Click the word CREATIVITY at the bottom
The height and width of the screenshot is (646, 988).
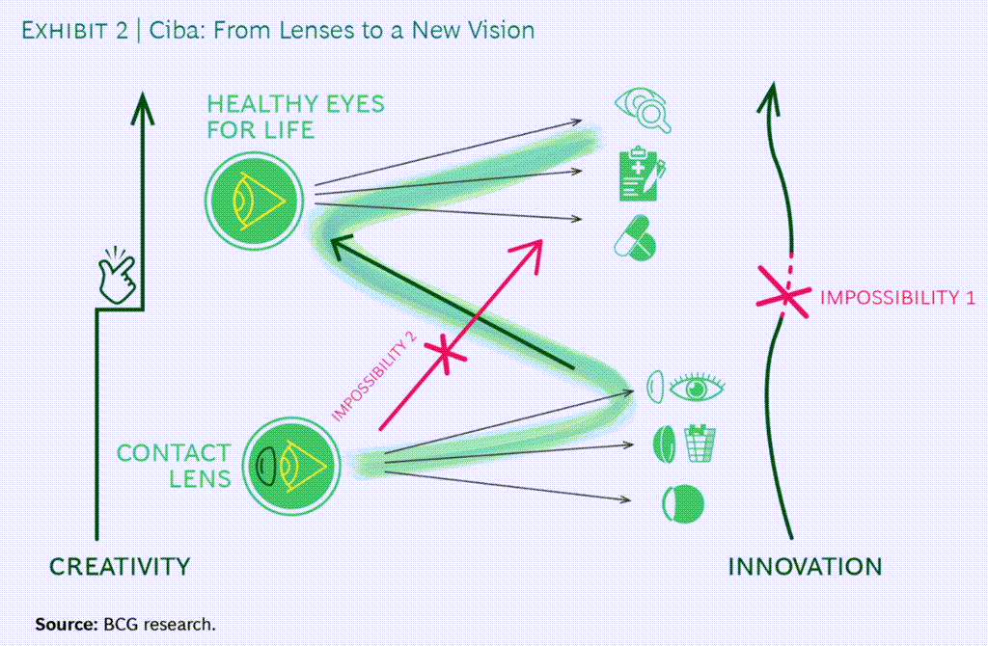tap(120, 566)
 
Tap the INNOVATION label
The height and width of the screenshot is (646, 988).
tap(805, 566)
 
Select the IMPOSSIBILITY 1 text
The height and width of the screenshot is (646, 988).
tap(896, 298)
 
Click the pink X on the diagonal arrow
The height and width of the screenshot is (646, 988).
tap(446, 354)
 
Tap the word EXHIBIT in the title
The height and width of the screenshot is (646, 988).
tap(65, 31)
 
